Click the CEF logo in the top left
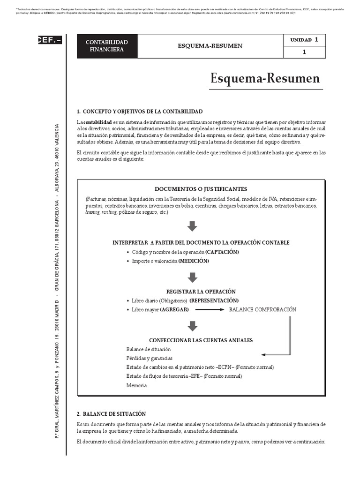(49, 40)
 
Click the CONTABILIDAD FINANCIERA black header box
(106, 46)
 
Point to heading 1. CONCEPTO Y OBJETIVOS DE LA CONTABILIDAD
(140, 112)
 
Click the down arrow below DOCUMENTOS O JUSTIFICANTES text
(192, 227)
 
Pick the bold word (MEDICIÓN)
(193, 261)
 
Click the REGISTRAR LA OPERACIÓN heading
(201, 291)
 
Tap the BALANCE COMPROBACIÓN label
(262, 310)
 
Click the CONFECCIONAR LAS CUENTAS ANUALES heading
(201, 340)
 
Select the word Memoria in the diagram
(136, 385)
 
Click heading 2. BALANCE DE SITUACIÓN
(111, 414)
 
